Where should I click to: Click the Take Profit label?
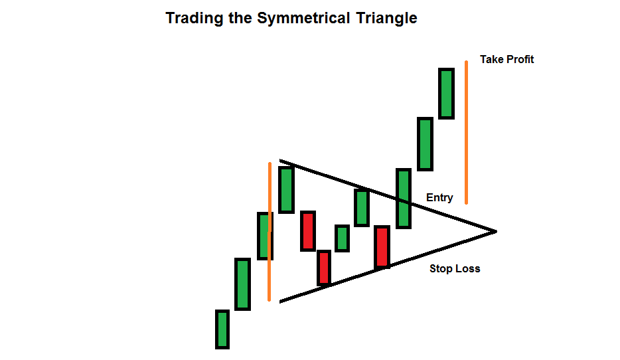(506, 59)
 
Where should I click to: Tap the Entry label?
(439, 197)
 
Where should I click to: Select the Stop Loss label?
(455, 269)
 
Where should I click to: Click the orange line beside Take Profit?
(466, 133)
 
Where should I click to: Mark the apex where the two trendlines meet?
(495, 231)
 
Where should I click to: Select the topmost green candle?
(446, 93)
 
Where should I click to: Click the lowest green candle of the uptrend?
(222, 329)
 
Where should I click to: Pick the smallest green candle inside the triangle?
(342, 238)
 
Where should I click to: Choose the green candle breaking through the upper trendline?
(404, 198)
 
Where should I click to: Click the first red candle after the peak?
(307, 230)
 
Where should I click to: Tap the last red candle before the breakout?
(382, 246)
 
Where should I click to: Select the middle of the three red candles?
(323, 267)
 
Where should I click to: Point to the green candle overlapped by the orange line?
(264, 236)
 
